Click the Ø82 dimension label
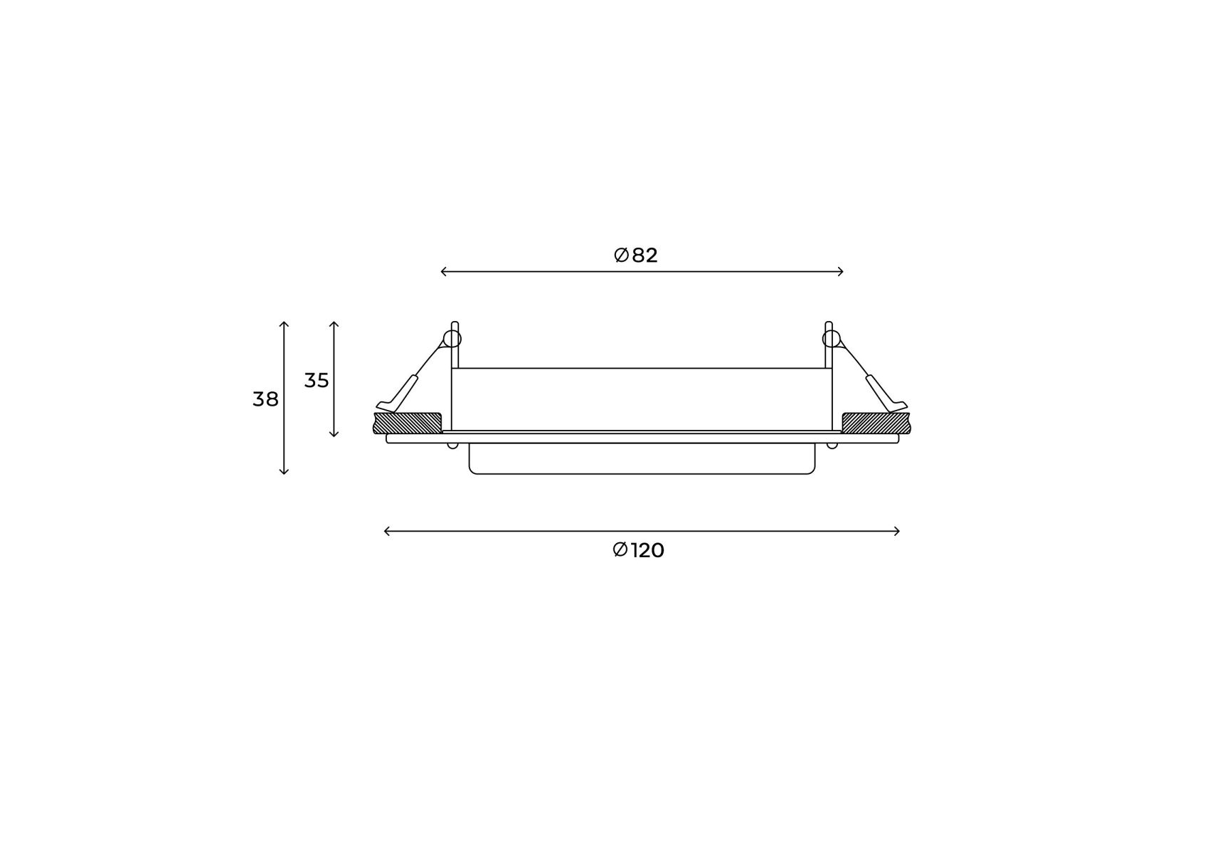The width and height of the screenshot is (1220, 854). (635, 255)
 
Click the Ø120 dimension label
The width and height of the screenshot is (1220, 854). (638, 550)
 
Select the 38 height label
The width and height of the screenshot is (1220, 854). (265, 399)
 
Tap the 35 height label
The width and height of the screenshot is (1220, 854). (317, 381)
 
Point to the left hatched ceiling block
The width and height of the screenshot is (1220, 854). (408, 423)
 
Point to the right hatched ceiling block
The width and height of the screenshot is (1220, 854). (876, 423)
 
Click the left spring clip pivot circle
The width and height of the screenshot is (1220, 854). (452, 339)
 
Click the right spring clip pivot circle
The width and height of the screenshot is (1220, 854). (832, 339)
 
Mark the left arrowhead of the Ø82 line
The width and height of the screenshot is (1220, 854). (442, 271)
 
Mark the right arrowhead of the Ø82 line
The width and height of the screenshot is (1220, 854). (842, 271)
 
